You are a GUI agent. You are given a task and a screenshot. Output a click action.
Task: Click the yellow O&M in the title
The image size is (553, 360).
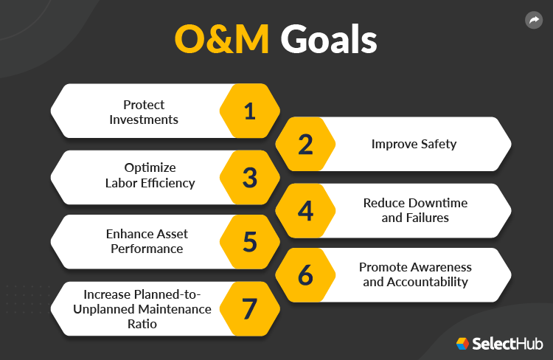coord(223,41)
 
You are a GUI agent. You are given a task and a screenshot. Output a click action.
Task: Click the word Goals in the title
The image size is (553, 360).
coord(329,41)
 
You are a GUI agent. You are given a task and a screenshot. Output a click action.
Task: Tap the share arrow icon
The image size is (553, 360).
coord(533,21)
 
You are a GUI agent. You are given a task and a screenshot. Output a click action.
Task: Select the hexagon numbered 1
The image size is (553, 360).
coord(250,111)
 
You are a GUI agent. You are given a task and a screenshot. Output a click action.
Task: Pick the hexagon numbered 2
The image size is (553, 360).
coord(305,145)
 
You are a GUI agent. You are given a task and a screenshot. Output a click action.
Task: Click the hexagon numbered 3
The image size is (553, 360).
coord(250,178)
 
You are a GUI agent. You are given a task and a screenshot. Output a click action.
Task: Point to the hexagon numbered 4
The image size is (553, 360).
coord(305,211)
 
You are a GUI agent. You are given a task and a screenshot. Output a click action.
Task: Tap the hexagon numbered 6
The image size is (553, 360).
coord(305,275)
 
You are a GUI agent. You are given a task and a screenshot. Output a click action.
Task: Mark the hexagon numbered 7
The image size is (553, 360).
coord(250,308)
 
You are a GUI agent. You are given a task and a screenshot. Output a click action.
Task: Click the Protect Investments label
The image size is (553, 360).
coord(145,111)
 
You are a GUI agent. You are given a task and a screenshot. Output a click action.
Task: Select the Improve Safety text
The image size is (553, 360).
coord(414,144)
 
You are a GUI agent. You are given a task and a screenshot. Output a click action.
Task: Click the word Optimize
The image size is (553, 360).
coord(145,167)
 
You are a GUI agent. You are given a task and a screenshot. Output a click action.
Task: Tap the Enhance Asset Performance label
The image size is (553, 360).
coord(147,241)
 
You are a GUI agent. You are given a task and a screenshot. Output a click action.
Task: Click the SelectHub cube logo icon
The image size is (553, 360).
coord(462,343)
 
